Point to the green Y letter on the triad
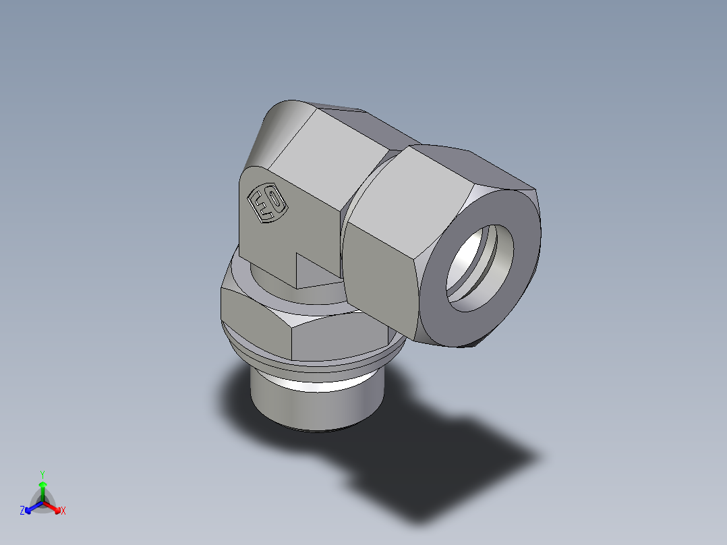point(42,474)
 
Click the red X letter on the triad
point(63,511)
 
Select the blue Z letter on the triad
point(22,511)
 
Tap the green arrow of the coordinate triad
point(42,488)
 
